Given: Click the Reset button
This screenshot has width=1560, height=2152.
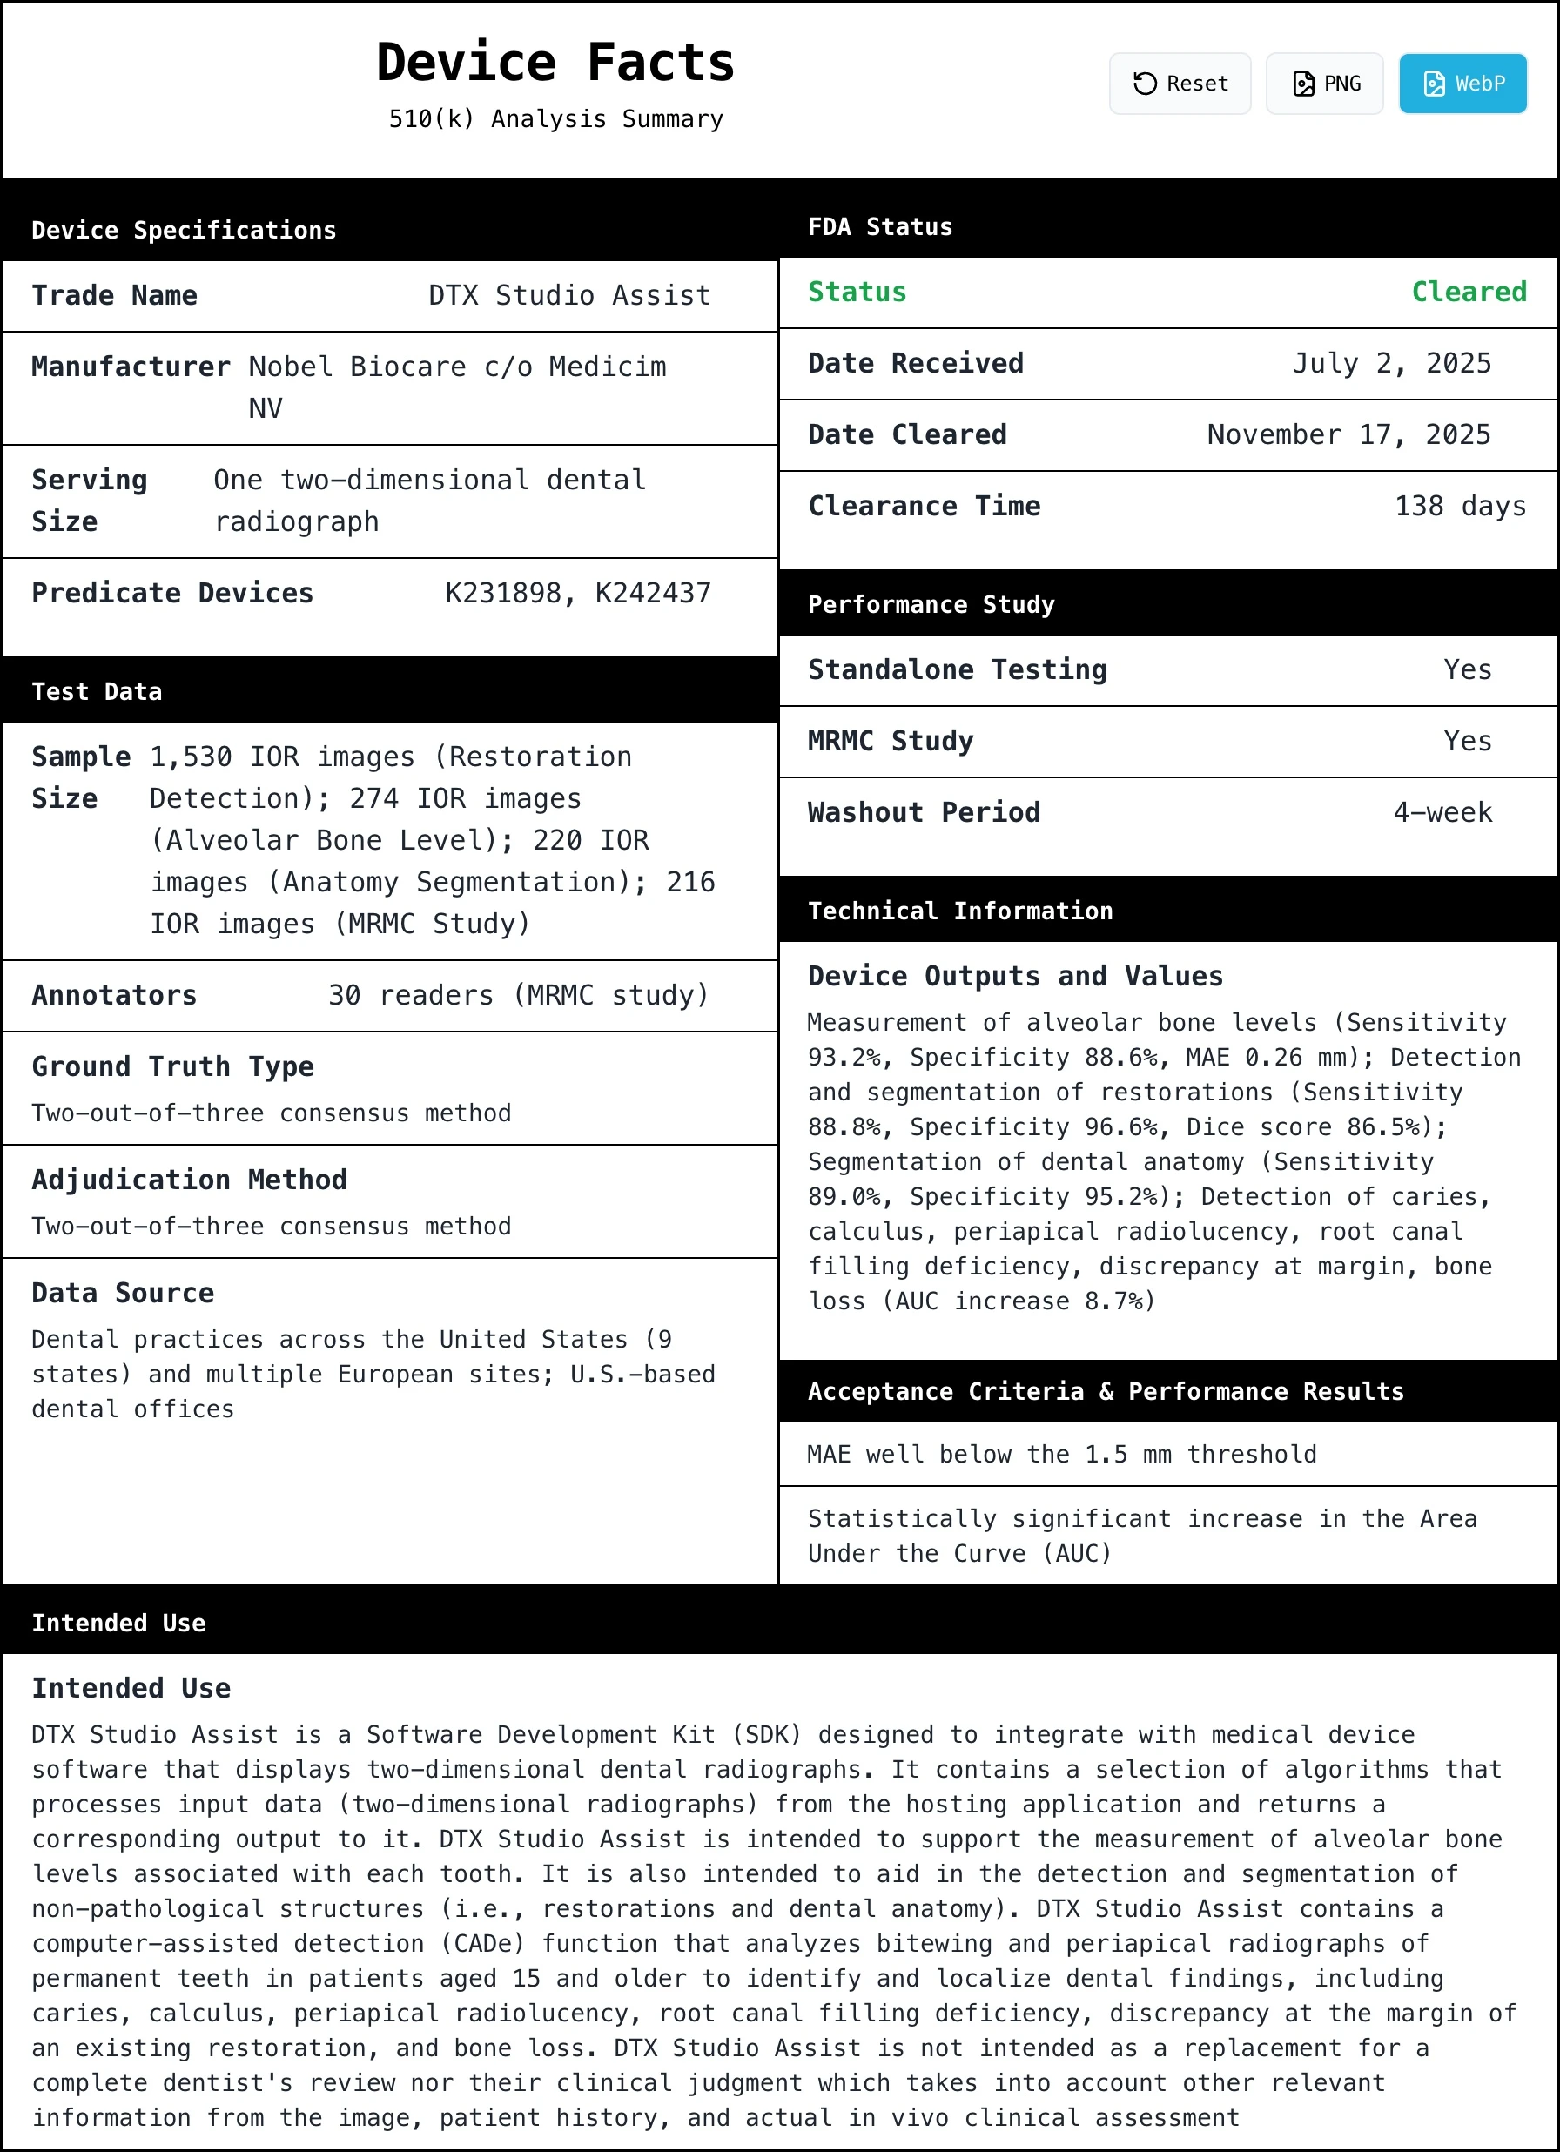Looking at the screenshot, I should [1180, 84].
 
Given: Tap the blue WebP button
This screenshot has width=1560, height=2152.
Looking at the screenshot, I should [1462, 84].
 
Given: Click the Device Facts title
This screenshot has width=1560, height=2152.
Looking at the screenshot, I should [555, 63].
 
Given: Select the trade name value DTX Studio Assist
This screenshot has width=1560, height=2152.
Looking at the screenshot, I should [569, 295].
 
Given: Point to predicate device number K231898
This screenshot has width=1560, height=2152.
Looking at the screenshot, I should [504, 593].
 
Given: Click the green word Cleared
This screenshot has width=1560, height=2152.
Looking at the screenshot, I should [1468, 292].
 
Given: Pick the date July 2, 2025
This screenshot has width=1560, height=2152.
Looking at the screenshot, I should [1391, 363].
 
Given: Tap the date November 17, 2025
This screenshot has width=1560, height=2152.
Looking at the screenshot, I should [1348, 434].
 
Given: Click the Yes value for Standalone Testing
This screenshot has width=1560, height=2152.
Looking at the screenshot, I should [1467, 670].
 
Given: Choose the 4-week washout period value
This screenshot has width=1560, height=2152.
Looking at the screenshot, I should [1442, 812].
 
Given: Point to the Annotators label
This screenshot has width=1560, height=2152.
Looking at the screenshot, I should [114, 995].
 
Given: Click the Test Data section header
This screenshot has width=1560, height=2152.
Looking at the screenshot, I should [97, 692].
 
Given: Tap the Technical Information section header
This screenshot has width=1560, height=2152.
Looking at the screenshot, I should [959, 911].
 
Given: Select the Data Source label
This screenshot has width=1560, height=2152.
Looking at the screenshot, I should [123, 1294].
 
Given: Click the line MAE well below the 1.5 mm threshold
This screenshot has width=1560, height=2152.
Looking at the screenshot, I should [1061, 1455].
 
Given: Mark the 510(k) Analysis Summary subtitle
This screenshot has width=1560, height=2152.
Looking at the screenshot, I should [555, 119].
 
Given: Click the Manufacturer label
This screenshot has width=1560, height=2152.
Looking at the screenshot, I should [130, 367].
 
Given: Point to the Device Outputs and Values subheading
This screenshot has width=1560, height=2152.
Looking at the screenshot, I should [1014, 977].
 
